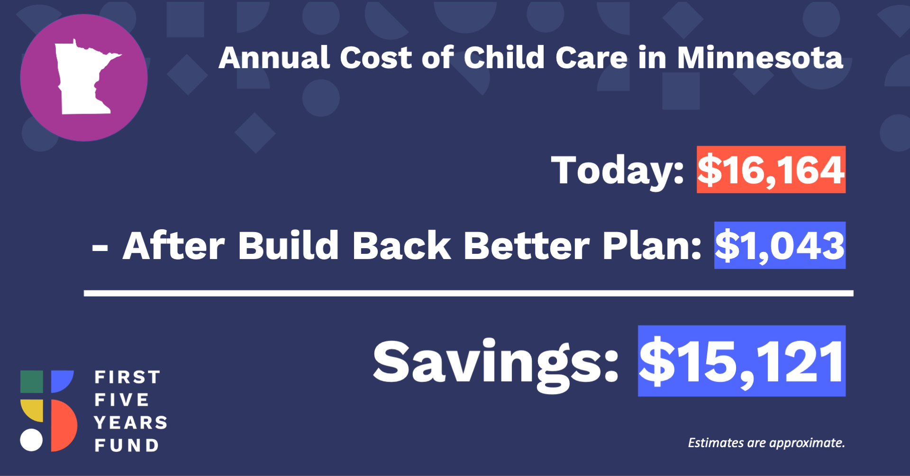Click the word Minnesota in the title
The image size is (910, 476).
click(760, 58)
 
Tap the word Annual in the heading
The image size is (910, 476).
click(274, 58)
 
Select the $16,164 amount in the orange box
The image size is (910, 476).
click(771, 170)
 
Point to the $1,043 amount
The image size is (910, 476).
click(780, 245)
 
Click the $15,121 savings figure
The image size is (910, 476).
click(742, 361)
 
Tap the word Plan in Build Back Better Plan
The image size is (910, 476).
click(652, 245)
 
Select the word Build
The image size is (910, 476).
click(288, 245)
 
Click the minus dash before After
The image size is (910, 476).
click(100, 247)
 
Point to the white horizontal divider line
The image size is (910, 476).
click(469, 293)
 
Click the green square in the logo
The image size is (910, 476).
click(32, 382)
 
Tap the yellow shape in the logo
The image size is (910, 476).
click(32, 410)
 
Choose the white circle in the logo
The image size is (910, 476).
click(31, 440)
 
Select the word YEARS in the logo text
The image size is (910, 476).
click(131, 422)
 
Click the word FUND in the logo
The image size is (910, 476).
click(127, 445)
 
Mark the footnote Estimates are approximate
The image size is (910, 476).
click(766, 443)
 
